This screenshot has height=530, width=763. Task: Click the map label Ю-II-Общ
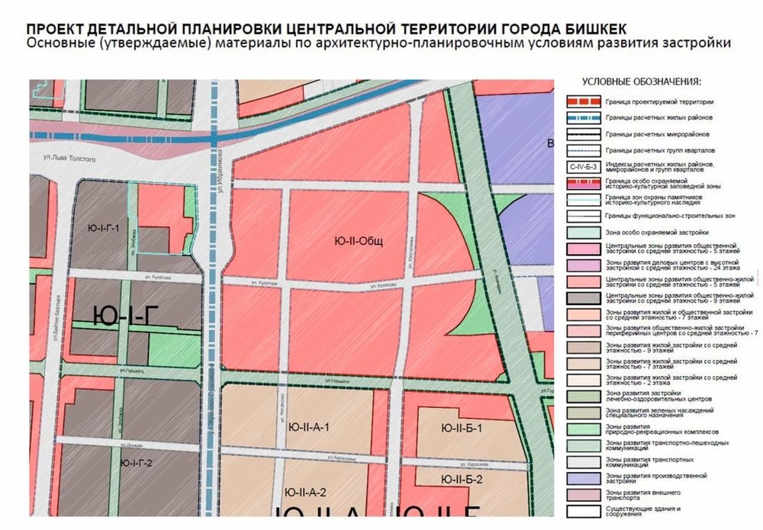(358, 242)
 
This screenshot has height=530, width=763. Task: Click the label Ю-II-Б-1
(462, 427)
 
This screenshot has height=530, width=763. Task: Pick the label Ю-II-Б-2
(462, 479)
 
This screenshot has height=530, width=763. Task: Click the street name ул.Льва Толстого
(69, 159)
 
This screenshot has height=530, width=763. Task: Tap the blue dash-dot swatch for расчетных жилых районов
(582, 117)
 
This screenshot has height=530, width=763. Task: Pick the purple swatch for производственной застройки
(582, 478)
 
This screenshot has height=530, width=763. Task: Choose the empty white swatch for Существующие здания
(582, 510)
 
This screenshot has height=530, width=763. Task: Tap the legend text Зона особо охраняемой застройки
(657, 232)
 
